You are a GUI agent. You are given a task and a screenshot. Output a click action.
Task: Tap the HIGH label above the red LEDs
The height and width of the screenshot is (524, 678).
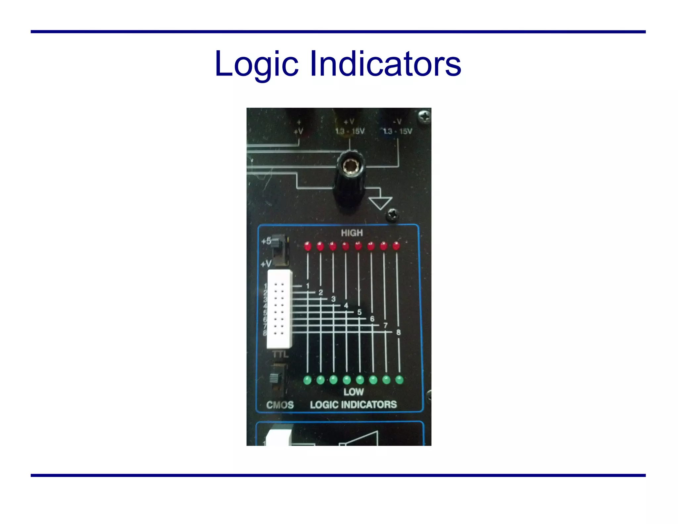tap(352, 233)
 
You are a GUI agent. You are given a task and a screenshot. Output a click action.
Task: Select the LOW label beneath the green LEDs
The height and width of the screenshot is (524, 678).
tap(354, 392)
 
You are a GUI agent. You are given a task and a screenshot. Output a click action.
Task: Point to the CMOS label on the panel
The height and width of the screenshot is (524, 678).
tap(280, 405)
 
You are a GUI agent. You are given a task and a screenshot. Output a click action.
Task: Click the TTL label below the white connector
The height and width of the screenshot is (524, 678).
tap(280, 355)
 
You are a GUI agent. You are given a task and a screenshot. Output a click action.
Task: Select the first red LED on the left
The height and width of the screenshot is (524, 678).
tap(308, 246)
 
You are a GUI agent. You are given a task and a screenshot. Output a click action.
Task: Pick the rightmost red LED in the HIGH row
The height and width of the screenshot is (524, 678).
tap(396, 246)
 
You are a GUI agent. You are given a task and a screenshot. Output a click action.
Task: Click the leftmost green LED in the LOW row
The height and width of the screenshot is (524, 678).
tap(308, 380)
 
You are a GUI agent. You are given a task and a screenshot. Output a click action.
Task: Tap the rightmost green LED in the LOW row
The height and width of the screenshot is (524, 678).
tap(400, 380)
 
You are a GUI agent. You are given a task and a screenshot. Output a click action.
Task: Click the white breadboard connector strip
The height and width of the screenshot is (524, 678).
tap(279, 309)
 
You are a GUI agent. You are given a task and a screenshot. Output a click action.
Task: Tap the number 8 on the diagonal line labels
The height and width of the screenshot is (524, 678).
tap(398, 332)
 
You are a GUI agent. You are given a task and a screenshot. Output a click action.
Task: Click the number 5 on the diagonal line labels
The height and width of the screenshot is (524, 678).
tap(360, 312)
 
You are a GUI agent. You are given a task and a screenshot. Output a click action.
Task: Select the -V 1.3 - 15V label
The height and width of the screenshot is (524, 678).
tap(398, 127)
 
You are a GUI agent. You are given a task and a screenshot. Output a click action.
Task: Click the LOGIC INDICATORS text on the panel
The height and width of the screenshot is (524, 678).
tap(353, 405)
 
